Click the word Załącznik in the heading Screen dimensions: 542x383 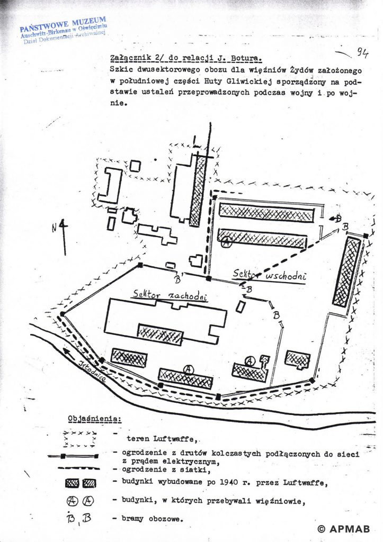tap(123, 58)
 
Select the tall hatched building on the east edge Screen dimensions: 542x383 tap(347, 271)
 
